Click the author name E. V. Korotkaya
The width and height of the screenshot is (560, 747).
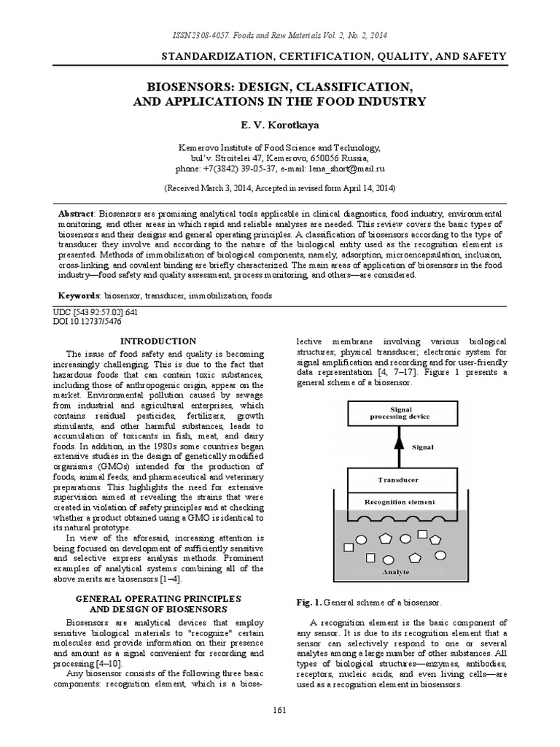pos(280,125)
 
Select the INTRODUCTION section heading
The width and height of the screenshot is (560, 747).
pos(157,341)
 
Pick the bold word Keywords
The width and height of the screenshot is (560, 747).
pos(79,297)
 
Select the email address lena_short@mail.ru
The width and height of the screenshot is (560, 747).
pos(346,168)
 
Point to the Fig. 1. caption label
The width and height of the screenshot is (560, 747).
pos(308,603)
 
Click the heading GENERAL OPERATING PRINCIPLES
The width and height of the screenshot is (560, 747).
pos(157,598)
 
